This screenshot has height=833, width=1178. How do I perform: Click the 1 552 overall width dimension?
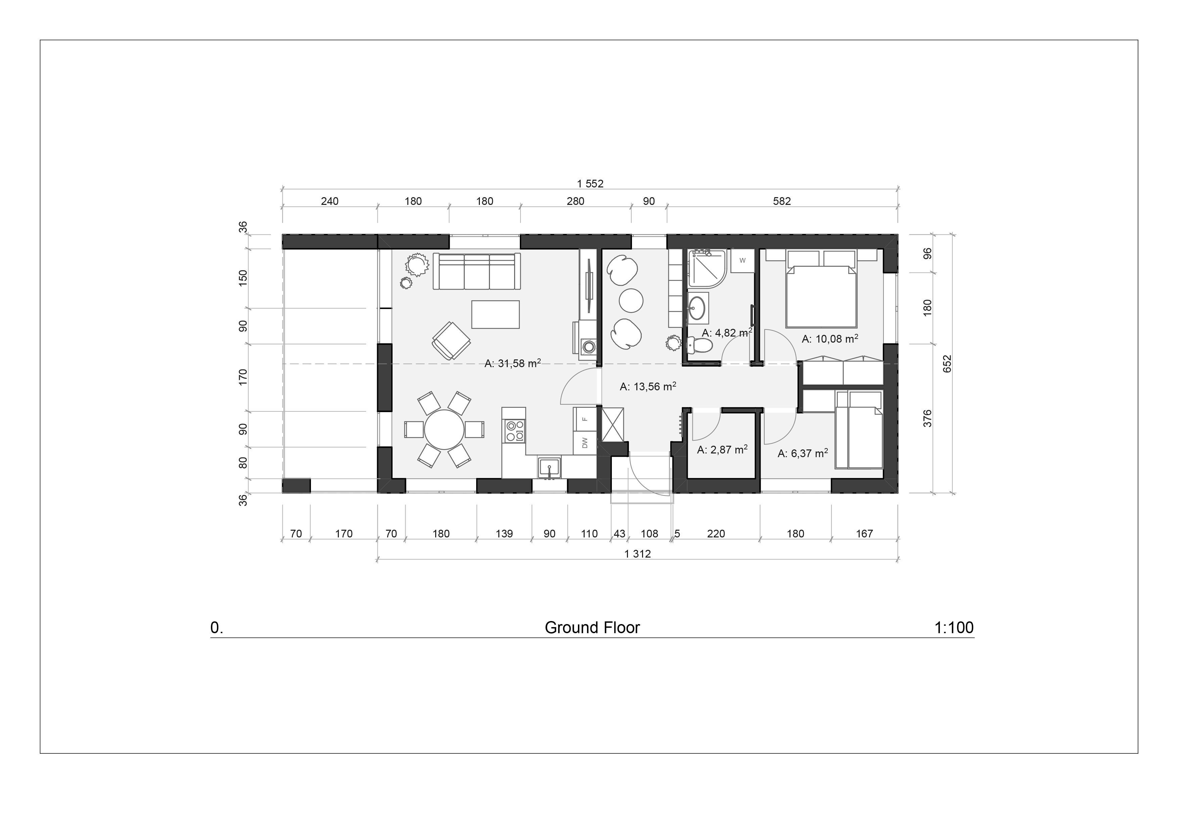(590, 184)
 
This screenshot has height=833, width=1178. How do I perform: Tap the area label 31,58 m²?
(512, 363)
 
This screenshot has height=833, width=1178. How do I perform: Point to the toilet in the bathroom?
(700, 346)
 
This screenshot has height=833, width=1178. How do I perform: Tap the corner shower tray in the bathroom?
(706, 268)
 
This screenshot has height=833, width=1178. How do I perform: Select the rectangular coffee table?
(495, 314)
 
